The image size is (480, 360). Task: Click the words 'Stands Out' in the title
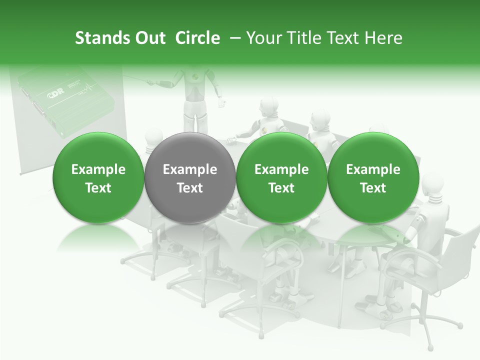[120, 38]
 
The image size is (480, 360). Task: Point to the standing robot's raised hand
[221, 104]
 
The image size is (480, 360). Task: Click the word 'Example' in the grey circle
[189, 169]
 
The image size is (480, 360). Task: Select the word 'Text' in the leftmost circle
[98, 188]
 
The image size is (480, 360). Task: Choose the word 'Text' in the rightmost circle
[373, 188]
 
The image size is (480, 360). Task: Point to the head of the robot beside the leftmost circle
[153, 136]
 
